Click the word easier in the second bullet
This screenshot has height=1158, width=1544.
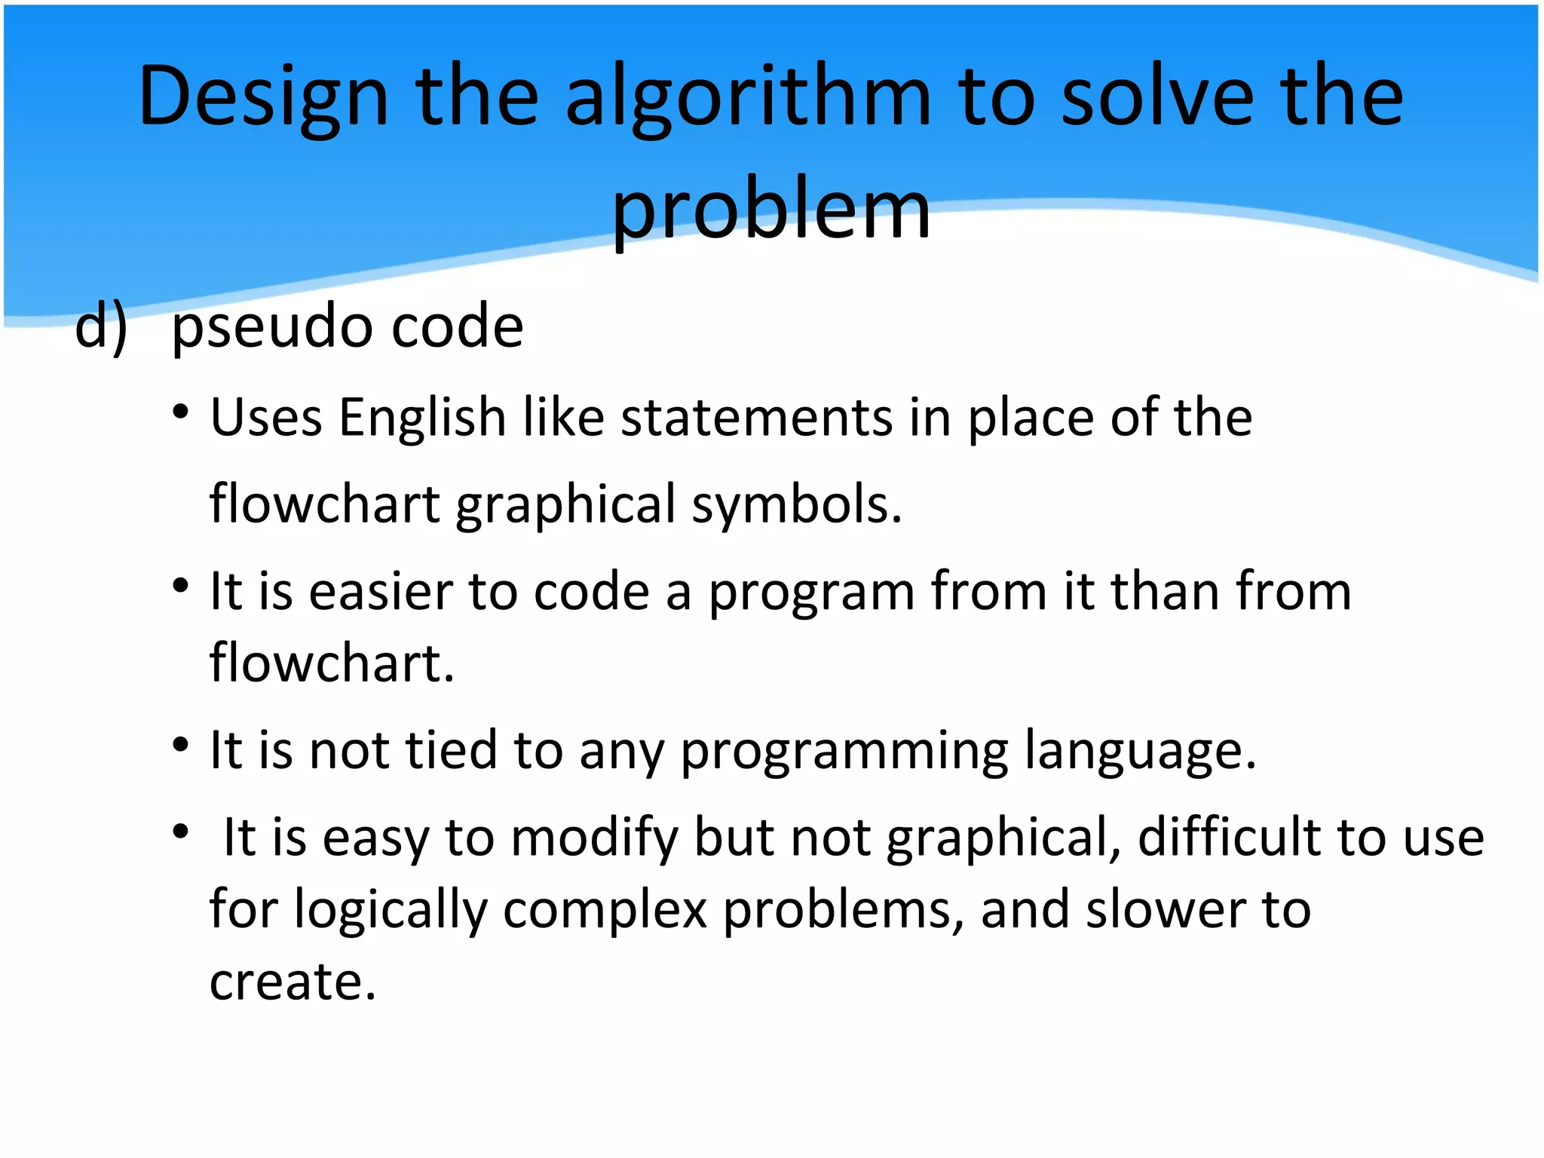381,591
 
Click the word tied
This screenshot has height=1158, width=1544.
452,750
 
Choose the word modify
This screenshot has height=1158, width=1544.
595,838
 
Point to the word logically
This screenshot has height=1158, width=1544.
391,910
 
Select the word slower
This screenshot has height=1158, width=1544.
1166,909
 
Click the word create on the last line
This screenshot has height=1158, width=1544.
292,982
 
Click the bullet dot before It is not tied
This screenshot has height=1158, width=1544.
180,745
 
